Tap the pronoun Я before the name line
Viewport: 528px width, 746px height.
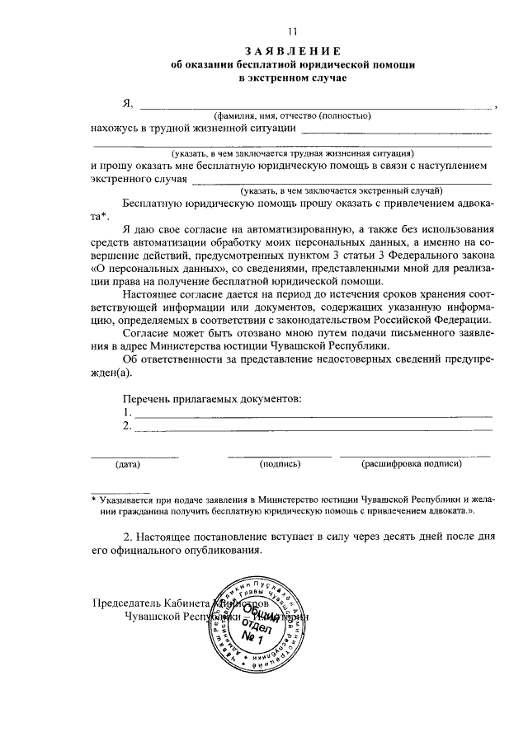[x=127, y=103]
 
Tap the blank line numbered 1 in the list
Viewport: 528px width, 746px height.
[x=313, y=414]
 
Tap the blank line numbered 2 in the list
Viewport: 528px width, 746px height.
[x=313, y=428]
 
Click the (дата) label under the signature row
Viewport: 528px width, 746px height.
[x=128, y=464]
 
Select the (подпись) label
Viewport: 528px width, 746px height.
[x=280, y=464]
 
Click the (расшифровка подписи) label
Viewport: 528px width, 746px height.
[x=411, y=464]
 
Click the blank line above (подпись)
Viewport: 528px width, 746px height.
[x=280, y=455]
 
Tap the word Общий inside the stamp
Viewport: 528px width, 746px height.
[x=264, y=614]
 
